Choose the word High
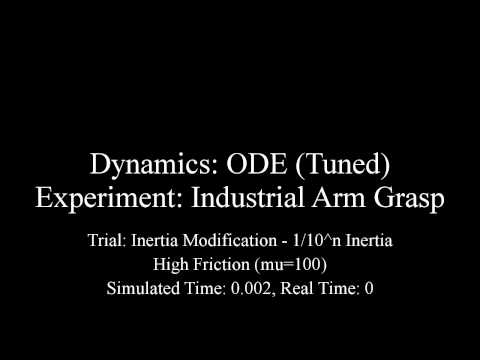pos(172,265)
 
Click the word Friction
pos(223,265)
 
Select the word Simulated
pos(142,289)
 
